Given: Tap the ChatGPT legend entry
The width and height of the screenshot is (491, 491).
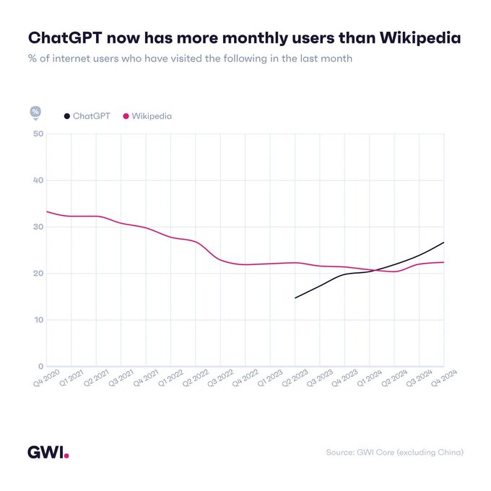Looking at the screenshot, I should point(87,116).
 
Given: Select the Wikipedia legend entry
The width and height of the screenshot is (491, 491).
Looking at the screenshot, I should point(147,116).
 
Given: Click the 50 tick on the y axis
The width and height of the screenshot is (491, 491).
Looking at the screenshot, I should point(38,134).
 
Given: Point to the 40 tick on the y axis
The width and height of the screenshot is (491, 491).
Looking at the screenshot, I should point(38,181).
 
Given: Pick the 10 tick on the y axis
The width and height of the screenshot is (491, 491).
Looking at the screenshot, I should point(38,320).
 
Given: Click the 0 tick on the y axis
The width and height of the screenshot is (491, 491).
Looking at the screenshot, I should point(40,366).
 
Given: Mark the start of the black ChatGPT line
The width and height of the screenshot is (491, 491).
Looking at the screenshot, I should point(295,297).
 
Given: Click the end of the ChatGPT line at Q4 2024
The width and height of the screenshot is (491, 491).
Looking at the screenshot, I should point(443,243).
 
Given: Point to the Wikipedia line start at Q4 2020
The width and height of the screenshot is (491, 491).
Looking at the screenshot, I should point(47,212).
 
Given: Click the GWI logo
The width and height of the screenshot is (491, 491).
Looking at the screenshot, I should point(48,453).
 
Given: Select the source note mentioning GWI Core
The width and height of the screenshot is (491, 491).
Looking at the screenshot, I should point(394,453).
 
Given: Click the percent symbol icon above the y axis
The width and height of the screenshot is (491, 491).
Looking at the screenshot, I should point(35,111).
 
